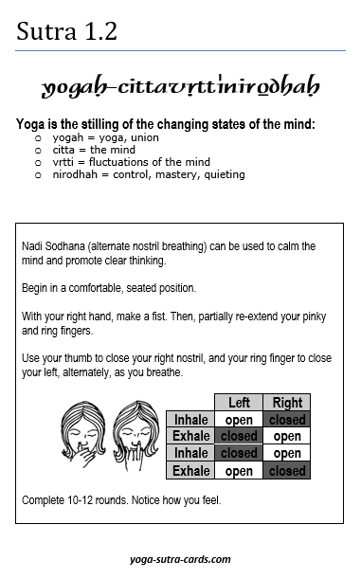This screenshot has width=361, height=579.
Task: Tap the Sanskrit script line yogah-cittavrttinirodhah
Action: tap(180, 88)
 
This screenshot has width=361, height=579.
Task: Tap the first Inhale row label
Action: tap(190, 420)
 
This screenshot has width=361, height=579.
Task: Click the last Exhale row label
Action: tap(190, 471)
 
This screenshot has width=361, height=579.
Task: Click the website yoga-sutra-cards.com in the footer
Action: tap(181, 559)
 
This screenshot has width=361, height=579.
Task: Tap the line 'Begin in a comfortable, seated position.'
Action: tap(112, 287)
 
